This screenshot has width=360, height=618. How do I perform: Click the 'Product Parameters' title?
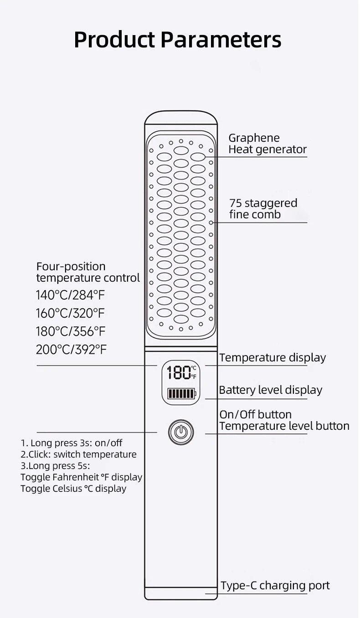point(177,40)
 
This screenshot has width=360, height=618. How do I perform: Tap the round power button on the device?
point(181,432)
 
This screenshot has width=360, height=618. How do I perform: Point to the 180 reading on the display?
point(179,373)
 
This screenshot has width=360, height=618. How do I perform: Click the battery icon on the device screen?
point(181,393)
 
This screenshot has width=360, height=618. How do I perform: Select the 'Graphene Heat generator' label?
point(267,144)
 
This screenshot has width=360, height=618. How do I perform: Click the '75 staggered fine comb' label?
point(263,209)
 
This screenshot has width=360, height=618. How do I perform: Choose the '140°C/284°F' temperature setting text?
point(71,295)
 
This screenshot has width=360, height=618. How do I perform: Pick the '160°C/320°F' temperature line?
point(71,314)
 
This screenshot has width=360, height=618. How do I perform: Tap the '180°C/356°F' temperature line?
point(71,332)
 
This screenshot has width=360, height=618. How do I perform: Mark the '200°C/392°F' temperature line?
point(72,350)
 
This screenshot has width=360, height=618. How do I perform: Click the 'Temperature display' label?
point(273,358)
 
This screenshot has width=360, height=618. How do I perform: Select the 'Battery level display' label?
point(270,390)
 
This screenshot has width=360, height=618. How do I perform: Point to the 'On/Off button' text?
point(255,414)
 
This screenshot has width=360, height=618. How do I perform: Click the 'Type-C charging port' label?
point(275,586)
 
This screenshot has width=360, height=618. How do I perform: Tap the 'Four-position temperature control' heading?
point(88,272)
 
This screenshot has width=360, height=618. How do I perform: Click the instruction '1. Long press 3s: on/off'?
point(72,443)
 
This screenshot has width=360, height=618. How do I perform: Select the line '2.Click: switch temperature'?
point(78,454)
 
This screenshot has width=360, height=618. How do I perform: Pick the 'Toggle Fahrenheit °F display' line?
point(82,477)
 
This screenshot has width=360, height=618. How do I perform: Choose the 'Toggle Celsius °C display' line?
point(73,489)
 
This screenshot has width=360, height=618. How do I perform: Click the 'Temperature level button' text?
point(284,426)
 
